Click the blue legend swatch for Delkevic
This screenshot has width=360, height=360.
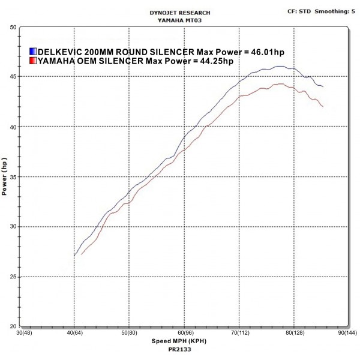point(33,52)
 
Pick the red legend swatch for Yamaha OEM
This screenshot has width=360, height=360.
point(33,61)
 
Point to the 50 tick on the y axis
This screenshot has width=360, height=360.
point(13,27)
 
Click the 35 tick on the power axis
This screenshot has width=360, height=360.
point(13,177)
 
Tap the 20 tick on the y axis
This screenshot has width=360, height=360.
point(13,326)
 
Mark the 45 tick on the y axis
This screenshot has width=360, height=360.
point(13,77)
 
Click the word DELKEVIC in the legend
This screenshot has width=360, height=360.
point(60,52)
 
